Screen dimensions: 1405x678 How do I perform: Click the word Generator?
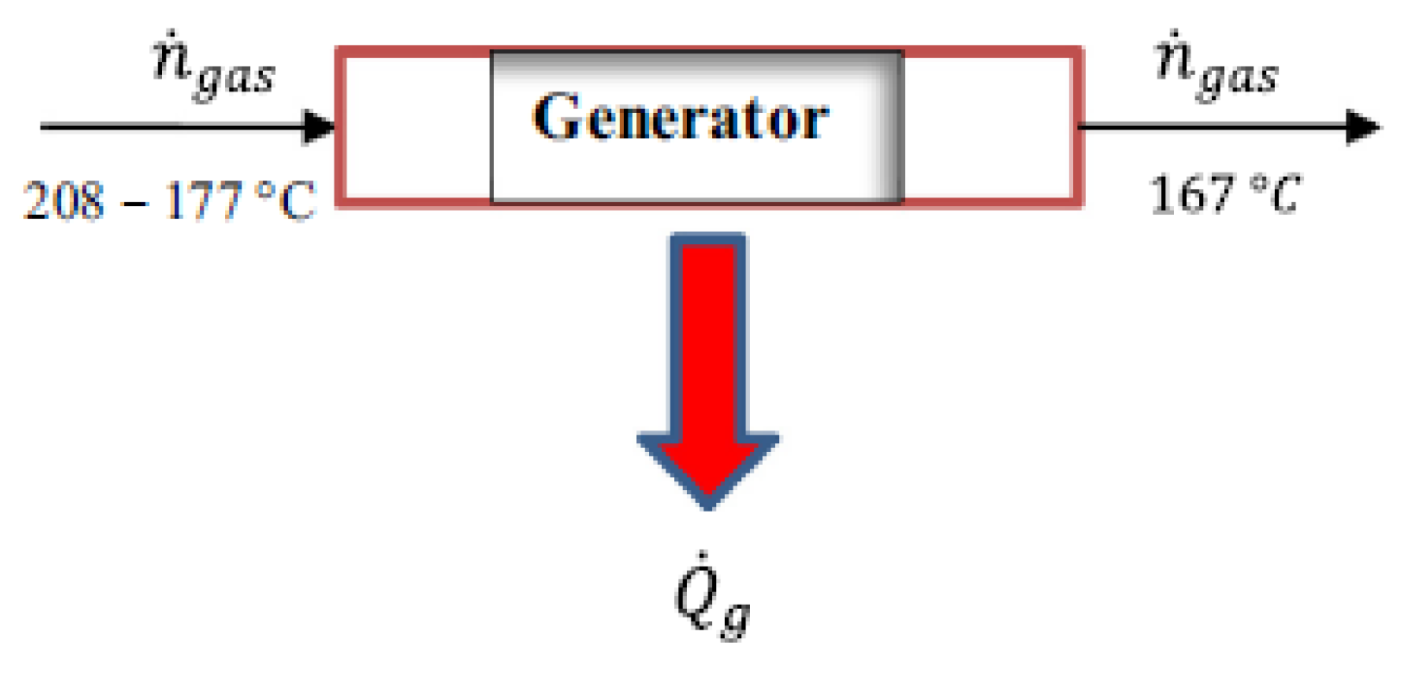click(x=680, y=118)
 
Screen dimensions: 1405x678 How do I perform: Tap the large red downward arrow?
click(x=708, y=362)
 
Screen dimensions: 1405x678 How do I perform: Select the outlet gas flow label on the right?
click(x=1216, y=68)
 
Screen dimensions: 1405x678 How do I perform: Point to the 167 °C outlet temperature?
click(x=1224, y=194)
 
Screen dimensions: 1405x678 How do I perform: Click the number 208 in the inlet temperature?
click(x=64, y=201)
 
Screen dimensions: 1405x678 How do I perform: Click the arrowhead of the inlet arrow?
click(x=320, y=127)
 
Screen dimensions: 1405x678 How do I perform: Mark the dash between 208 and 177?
click(x=134, y=204)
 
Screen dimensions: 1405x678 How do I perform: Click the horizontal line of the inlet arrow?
click(x=172, y=127)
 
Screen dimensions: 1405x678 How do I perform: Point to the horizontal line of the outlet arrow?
click(x=1207, y=127)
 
